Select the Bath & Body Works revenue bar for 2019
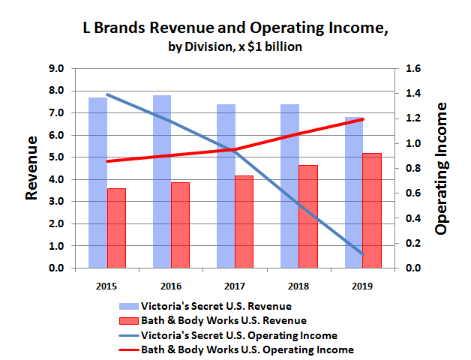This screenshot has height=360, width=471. pyautogui.click(x=371, y=210)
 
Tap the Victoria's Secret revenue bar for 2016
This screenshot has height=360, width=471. pyautogui.click(x=162, y=181)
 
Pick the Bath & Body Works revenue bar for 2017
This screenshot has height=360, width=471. pyautogui.click(x=244, y=221)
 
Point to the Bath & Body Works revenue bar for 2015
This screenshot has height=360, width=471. pyautogui.click(x=116, y=228)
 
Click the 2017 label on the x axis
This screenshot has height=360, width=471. pyautogui.click(x=235, y=285)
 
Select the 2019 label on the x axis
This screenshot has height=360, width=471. pyautogui.click(x=362, y=285)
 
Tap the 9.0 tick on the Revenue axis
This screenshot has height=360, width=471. pyautogui.click(x=58, y=69)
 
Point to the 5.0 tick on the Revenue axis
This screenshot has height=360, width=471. pyautogui.click(x=58, y=157)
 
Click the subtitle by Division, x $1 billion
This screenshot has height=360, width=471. pyautogui.click(x=234, y=47)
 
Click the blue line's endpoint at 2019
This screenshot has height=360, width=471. pyautogui.click(x=362, y=254)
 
